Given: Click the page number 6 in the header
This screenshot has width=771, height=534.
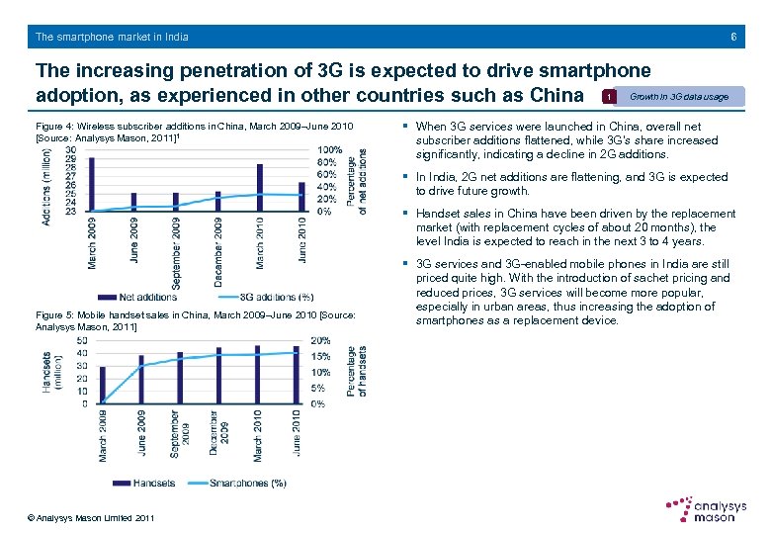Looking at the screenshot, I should point(732,37).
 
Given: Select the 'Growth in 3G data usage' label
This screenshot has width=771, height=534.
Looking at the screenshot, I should point(679,97).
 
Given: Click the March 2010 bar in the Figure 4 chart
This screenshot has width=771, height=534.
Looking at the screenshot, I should point(260,188).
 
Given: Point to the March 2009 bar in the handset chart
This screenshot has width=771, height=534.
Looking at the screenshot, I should point(102,385).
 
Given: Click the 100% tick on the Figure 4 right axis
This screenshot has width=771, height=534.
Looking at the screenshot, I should point(330,150).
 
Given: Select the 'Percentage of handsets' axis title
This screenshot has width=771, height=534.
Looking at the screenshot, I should point(362,371).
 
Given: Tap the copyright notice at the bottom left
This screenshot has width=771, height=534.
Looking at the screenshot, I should point(91,518).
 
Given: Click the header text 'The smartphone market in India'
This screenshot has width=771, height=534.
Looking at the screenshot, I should point(112,37).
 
